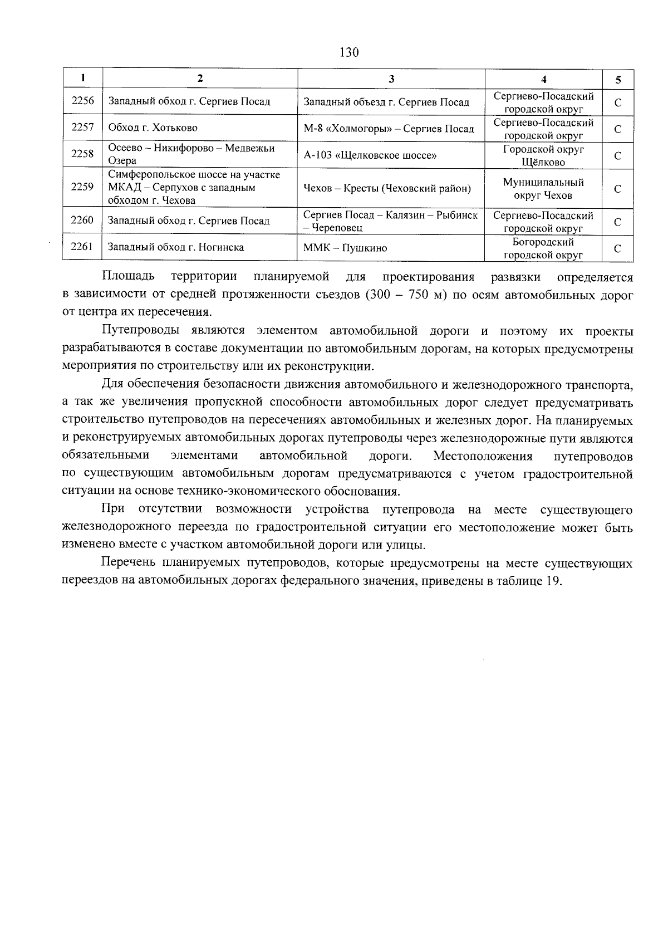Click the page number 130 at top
point(348,53)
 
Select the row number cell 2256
point(82,101)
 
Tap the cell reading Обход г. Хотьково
point(153,128)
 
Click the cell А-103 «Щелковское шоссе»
point(370,155)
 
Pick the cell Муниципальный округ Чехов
point(543,189)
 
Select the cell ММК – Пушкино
point(345,248)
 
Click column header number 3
point(391,79)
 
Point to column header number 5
point(618,80)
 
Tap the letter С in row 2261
point(618,249)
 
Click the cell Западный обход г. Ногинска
point(175,247)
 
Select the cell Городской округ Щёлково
point(543,156)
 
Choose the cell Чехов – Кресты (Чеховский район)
point(387,189)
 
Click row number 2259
point(82,187)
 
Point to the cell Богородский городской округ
point(543,248)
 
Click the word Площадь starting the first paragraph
point(128,277)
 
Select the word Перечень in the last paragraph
point(129,564)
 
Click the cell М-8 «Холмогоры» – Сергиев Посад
point(389,129)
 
